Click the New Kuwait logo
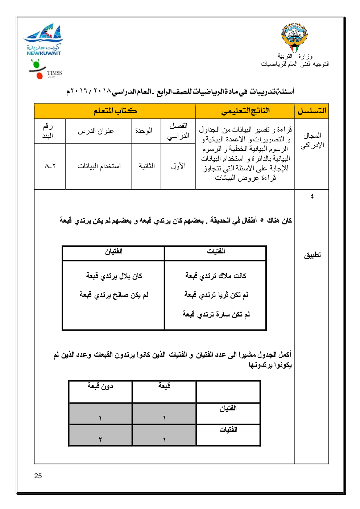click(x=44, y=40)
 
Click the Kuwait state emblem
click(x=294, y=38)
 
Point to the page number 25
click(x=38, y=476)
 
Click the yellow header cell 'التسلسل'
click(x=312, y=111)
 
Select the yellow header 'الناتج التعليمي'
click(x=245, y=111)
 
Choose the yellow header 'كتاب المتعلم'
click(x=115, y=111)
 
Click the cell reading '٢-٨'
click(x=50, y=166)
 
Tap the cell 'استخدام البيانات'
click(x=99, y=166)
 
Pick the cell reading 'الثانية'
click(x=146, y=166)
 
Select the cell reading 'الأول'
click(x=178, y=166)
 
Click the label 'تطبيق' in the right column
click(x=312, y=255)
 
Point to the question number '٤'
click(x=312, y=196)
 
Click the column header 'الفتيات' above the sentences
click(x=216, y=251)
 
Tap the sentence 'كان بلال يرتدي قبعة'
click(x=114, y=276)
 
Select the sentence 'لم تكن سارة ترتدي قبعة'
click(x=216, y=314)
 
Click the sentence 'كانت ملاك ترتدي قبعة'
click(x=216, y=276)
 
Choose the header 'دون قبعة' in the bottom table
click(x=100, y=386)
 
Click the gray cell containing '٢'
click(x=100, y=435)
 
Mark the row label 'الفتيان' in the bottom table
click(x=228, y=409)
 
